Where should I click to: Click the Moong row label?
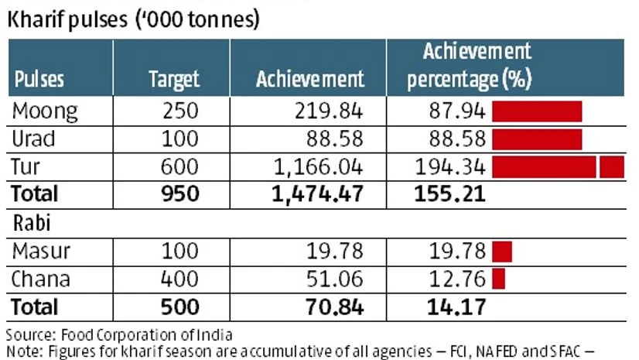[45, 111]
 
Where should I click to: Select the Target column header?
[173, 79]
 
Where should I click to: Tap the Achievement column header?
[309, 79]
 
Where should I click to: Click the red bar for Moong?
[537, 111]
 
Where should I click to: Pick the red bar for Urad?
[537, 139]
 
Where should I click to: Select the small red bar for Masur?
[502, 251]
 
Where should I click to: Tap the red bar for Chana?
[498, 278]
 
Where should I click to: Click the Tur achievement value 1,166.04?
[318, 166]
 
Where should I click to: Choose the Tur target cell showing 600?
[179, 166]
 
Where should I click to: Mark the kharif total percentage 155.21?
[456, 194]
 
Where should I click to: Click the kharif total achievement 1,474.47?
[317, 194]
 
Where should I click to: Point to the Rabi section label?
[33, 222]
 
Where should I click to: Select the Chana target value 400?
[179, 278]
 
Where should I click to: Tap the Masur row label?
[41, 251]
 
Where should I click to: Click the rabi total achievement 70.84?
[335, 307]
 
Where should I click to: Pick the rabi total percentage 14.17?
[456, 307]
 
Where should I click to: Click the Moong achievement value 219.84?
[328, 111]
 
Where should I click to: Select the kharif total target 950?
[179, 194]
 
